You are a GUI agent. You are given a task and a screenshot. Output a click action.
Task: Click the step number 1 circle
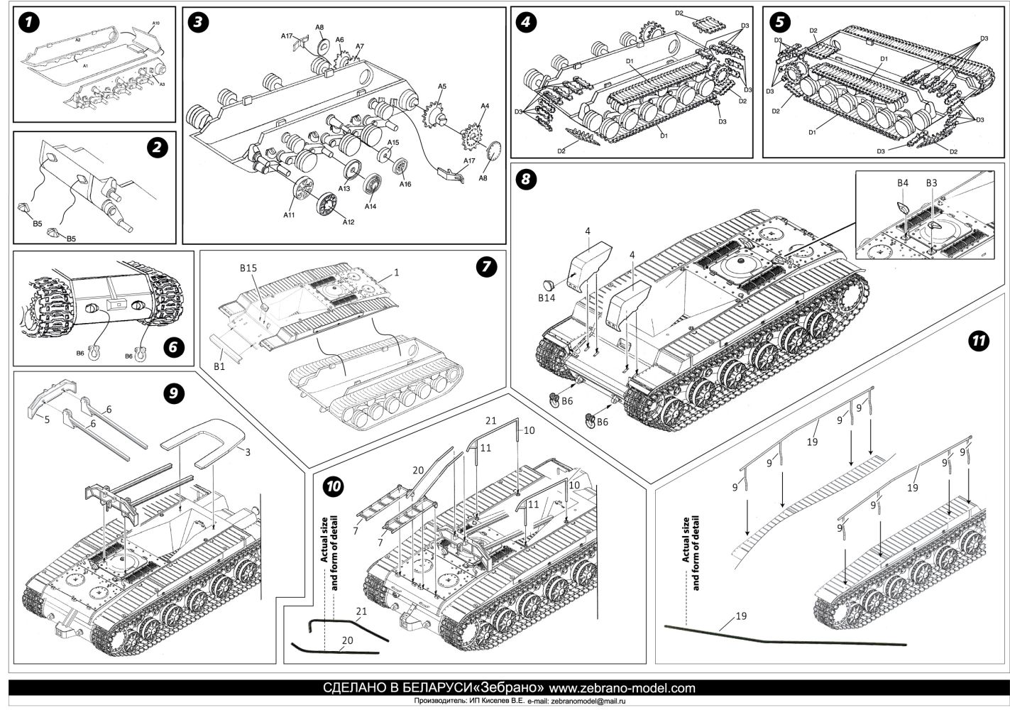28,22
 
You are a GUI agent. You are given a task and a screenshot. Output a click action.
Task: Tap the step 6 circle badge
173,347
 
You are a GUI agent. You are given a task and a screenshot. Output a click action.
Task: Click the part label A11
290,214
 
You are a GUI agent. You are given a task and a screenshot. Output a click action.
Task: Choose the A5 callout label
441,86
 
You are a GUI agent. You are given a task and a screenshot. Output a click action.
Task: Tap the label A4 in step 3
484,106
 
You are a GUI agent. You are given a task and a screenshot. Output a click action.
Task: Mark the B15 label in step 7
248,268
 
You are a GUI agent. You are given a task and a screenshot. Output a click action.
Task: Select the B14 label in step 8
546,298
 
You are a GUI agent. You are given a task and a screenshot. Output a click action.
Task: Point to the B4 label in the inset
902,183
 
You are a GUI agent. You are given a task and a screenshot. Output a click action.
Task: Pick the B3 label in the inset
931,183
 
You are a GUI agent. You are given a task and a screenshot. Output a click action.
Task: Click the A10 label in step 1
156,24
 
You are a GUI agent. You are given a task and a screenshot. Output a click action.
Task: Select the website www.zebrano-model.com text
622,688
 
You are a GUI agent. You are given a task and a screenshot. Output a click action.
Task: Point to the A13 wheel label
344,189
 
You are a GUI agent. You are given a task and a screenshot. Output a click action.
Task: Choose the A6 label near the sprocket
340,40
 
